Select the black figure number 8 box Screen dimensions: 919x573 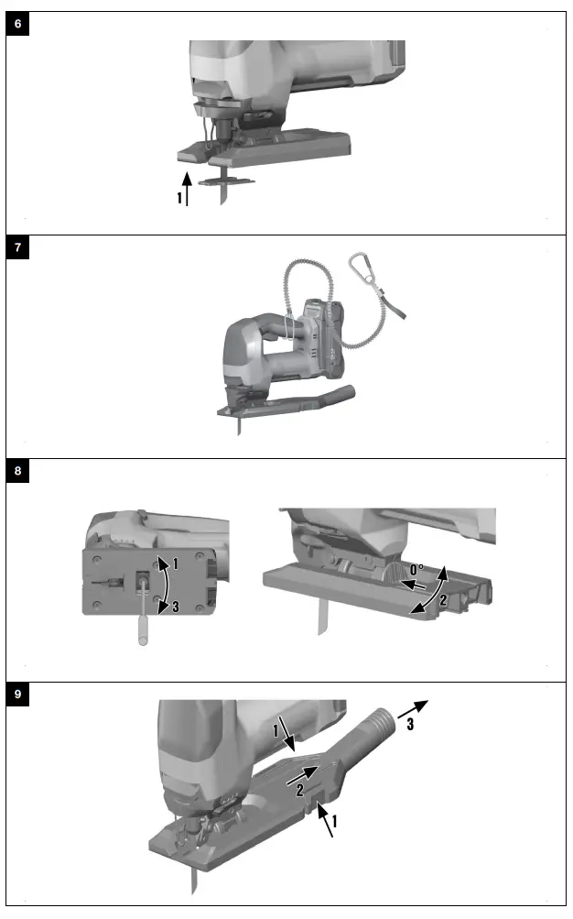click(x=18, y=472)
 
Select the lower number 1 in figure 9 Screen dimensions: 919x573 click(x=335, y=822)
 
